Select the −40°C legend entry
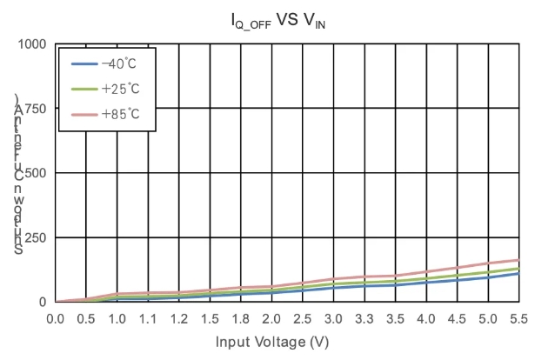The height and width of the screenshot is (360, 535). point(118,64)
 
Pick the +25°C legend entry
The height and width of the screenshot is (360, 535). point(118,89)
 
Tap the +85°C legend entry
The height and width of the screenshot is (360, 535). point(118,113)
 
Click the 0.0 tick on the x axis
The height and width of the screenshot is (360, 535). point(56,318)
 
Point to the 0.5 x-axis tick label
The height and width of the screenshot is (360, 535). point(87,318)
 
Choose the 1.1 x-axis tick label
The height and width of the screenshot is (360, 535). point(149,318)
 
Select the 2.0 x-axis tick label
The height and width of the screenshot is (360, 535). point(241,318)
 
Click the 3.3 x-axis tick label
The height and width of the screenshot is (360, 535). point(364,318)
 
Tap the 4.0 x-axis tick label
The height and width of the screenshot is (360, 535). point(426,318)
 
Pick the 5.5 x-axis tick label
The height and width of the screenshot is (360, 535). point(518,318)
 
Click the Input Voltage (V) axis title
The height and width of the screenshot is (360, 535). point(271,342)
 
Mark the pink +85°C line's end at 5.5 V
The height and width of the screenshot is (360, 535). point(518,260)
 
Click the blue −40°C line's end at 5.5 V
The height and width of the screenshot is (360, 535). point(518,273)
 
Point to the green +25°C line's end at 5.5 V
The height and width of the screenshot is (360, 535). point(518,268)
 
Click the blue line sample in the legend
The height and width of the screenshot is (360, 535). point(83,64)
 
